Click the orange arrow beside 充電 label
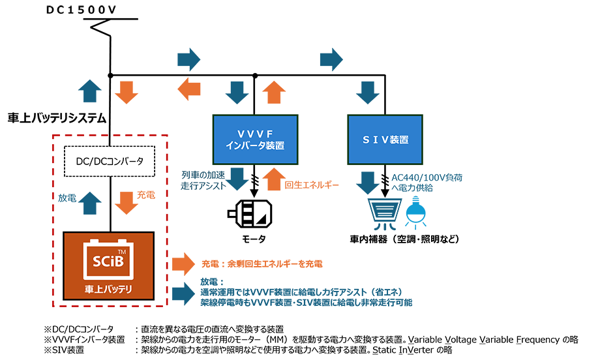pos(126,202)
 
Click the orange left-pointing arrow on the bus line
pos(189,89)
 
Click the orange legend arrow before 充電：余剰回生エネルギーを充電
pos(183,264)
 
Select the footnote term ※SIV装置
pos(63,350)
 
